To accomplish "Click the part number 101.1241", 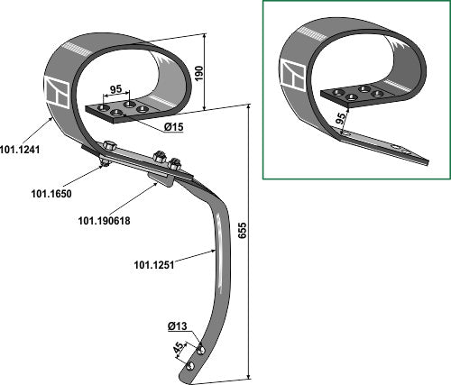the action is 20,150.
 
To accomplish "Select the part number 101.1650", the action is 51,194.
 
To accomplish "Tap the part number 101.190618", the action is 104,221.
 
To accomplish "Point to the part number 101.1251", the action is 154,265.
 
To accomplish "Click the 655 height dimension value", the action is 243,230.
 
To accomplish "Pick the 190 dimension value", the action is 199,73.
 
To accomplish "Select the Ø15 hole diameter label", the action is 174,127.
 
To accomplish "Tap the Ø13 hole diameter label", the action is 178,326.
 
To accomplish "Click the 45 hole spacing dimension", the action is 179,347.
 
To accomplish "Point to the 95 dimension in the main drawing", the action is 115,89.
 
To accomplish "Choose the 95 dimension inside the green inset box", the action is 341,119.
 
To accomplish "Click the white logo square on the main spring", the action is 58,92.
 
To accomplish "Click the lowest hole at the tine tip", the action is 190,366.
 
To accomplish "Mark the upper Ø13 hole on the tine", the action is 201,350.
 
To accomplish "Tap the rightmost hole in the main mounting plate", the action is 143,108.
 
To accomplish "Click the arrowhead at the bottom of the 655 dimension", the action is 248,377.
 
